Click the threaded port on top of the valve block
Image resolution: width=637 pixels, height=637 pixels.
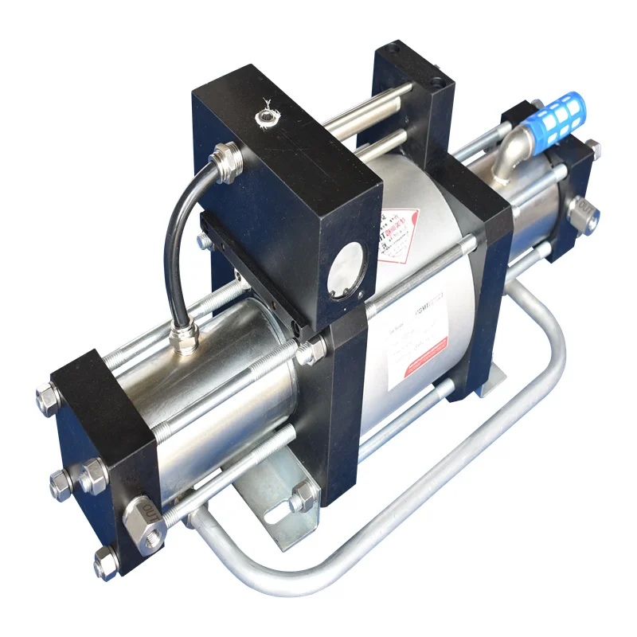point(263,118)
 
